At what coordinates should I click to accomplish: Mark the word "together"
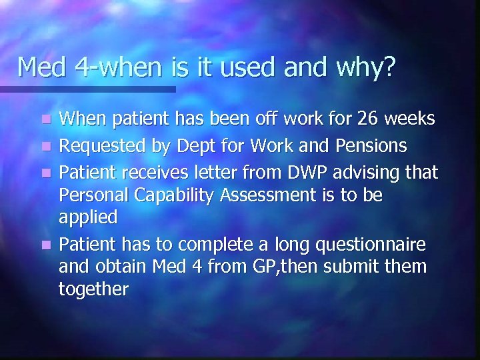(94, 289)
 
